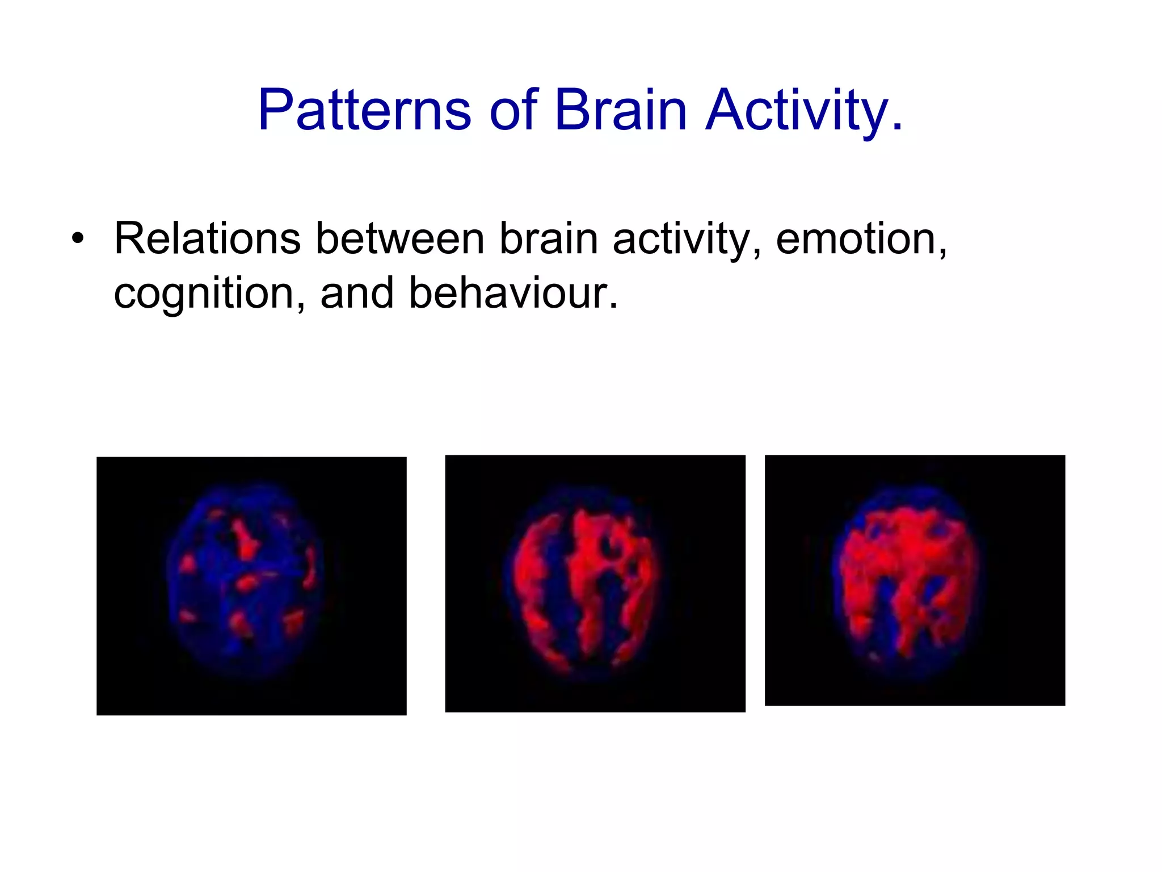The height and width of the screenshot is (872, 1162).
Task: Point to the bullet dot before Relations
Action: pos(78,239)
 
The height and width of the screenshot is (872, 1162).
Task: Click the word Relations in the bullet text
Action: pos(207,239)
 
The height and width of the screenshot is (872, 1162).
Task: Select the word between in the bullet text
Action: pos(399,239)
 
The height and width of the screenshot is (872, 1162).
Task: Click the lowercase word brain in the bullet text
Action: pos(548,239)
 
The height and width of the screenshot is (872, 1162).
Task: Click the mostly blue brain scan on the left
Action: pos(251,585)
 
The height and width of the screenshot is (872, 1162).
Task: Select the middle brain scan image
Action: pos(595,583)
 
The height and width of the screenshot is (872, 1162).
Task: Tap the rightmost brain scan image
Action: pos(914,580)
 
